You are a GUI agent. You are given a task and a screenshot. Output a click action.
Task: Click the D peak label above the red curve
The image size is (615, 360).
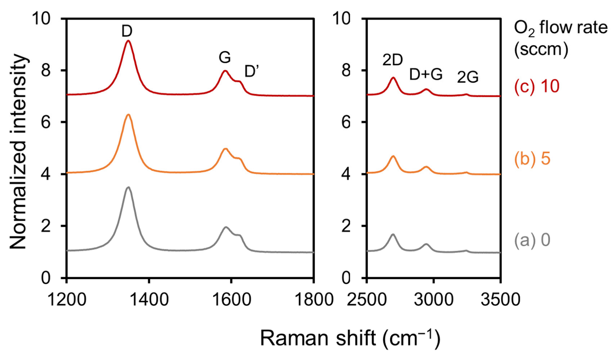pos(127,31)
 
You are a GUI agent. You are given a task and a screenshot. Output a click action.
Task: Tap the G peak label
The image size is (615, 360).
pos(225,57)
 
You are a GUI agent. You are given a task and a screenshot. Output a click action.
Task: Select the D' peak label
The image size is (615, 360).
pos(252,71)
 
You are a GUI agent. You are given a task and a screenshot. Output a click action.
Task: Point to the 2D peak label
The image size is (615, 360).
pos(392,60)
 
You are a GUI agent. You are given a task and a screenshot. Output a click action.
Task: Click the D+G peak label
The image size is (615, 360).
pos(426,75)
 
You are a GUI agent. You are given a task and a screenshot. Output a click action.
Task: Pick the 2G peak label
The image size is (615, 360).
pos(467,77)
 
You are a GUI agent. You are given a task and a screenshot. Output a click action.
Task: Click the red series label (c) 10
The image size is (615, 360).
pos(536,87)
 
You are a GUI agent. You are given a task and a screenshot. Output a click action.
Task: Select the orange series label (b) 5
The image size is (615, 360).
pos(532,159)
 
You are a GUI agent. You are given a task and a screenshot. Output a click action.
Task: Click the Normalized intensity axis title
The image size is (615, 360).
pos(18,151)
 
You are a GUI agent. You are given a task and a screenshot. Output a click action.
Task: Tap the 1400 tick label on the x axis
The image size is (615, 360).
pos(148,299)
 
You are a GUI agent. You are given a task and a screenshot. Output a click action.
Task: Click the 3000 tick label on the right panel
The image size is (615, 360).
pos(434,299)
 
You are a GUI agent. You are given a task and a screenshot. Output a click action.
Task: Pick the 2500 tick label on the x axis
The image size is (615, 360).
pos(367,299)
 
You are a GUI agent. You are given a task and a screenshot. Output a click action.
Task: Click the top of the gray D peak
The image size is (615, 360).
pos(128,187)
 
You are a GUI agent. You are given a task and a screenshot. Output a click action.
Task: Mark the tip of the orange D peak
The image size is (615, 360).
pos(128,115)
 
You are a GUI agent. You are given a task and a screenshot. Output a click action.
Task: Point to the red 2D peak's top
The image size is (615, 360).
pos(393,78)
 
